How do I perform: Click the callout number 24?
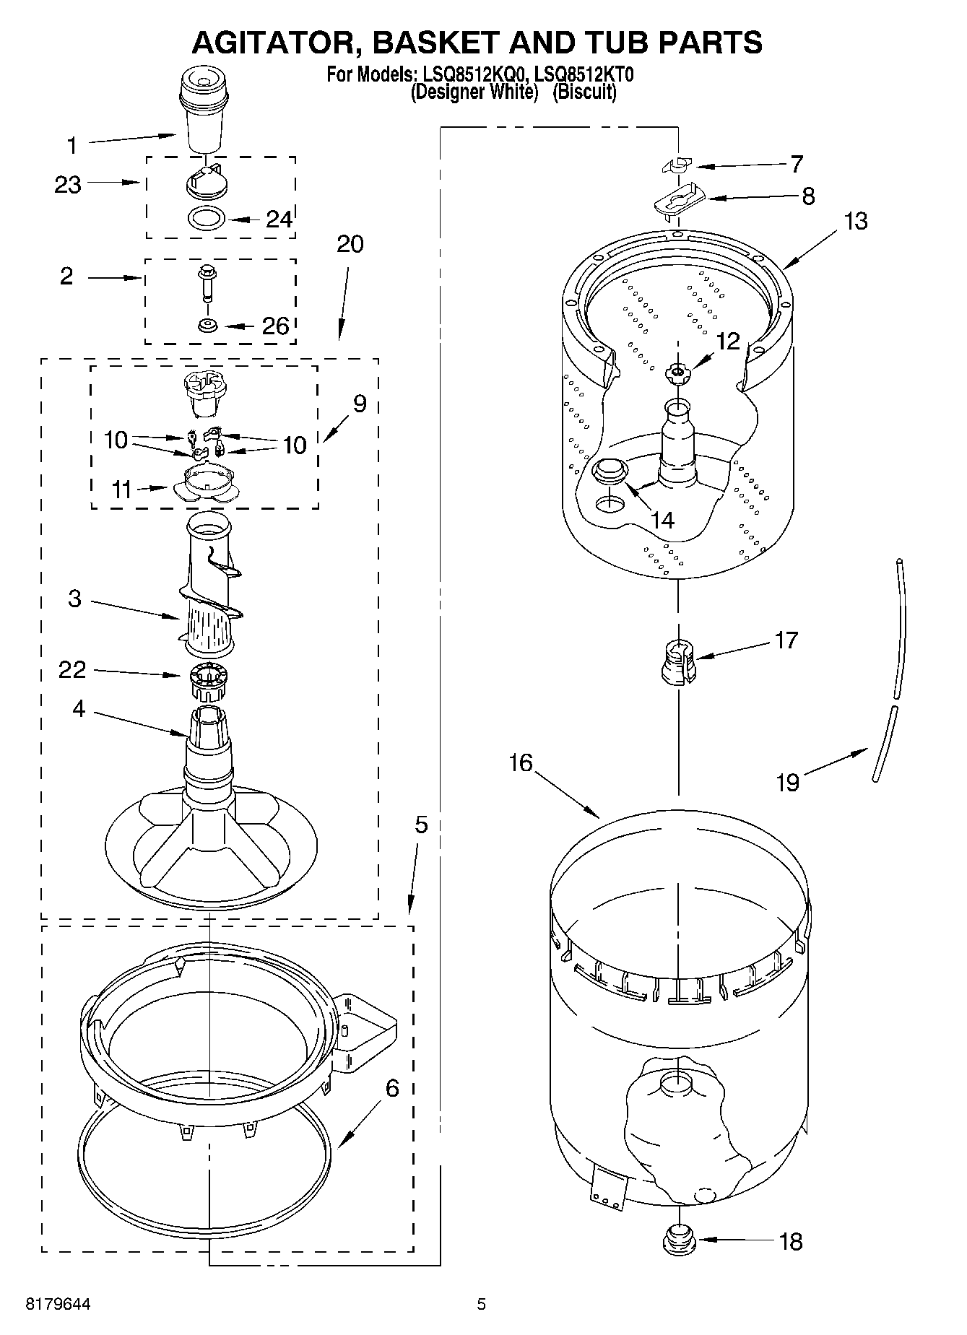coord(279,219)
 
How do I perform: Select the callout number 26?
coord(275,326)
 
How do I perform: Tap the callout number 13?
coord(856,221)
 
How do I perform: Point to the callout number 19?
coord(788,782)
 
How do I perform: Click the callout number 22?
coord(72,670)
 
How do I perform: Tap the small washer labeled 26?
coord(208,326)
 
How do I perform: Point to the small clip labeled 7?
coord(676,165)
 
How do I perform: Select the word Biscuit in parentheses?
coord(584,92)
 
